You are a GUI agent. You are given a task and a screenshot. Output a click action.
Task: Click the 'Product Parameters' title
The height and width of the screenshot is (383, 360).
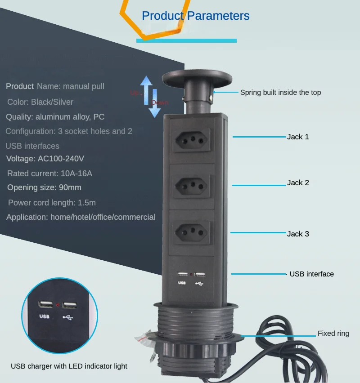[195, 16]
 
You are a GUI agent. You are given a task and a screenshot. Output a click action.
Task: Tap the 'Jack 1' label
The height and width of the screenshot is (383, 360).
[298, 137]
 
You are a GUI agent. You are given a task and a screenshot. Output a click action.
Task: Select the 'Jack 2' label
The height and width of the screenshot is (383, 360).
[298, 183]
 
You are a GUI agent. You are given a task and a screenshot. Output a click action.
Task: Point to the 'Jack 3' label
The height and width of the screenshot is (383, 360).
[298, 234]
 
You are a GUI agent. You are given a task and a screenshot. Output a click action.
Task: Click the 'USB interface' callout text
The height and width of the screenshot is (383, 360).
[311, 274]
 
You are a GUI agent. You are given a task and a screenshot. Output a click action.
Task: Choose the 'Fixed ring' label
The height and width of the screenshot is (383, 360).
[333, 334]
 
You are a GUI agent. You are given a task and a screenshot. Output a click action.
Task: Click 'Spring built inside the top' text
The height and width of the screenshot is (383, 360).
[280, 93]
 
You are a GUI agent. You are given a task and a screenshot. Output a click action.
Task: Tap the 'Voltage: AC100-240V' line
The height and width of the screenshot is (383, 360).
[45, 159]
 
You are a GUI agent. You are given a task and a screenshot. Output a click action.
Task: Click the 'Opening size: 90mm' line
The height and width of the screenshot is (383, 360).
[44, 187]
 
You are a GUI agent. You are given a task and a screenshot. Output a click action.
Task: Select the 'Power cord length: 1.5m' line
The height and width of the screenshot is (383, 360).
[52, 203]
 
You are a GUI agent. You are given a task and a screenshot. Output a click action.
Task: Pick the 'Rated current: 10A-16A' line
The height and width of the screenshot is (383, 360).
[49, 174]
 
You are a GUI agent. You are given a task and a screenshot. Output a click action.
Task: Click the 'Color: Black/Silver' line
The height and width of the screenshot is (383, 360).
[40, 102]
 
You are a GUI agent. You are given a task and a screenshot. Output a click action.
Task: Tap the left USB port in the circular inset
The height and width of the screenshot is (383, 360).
[45, 306]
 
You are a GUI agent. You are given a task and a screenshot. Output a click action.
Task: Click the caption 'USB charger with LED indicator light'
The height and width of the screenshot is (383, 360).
[69, 366]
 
